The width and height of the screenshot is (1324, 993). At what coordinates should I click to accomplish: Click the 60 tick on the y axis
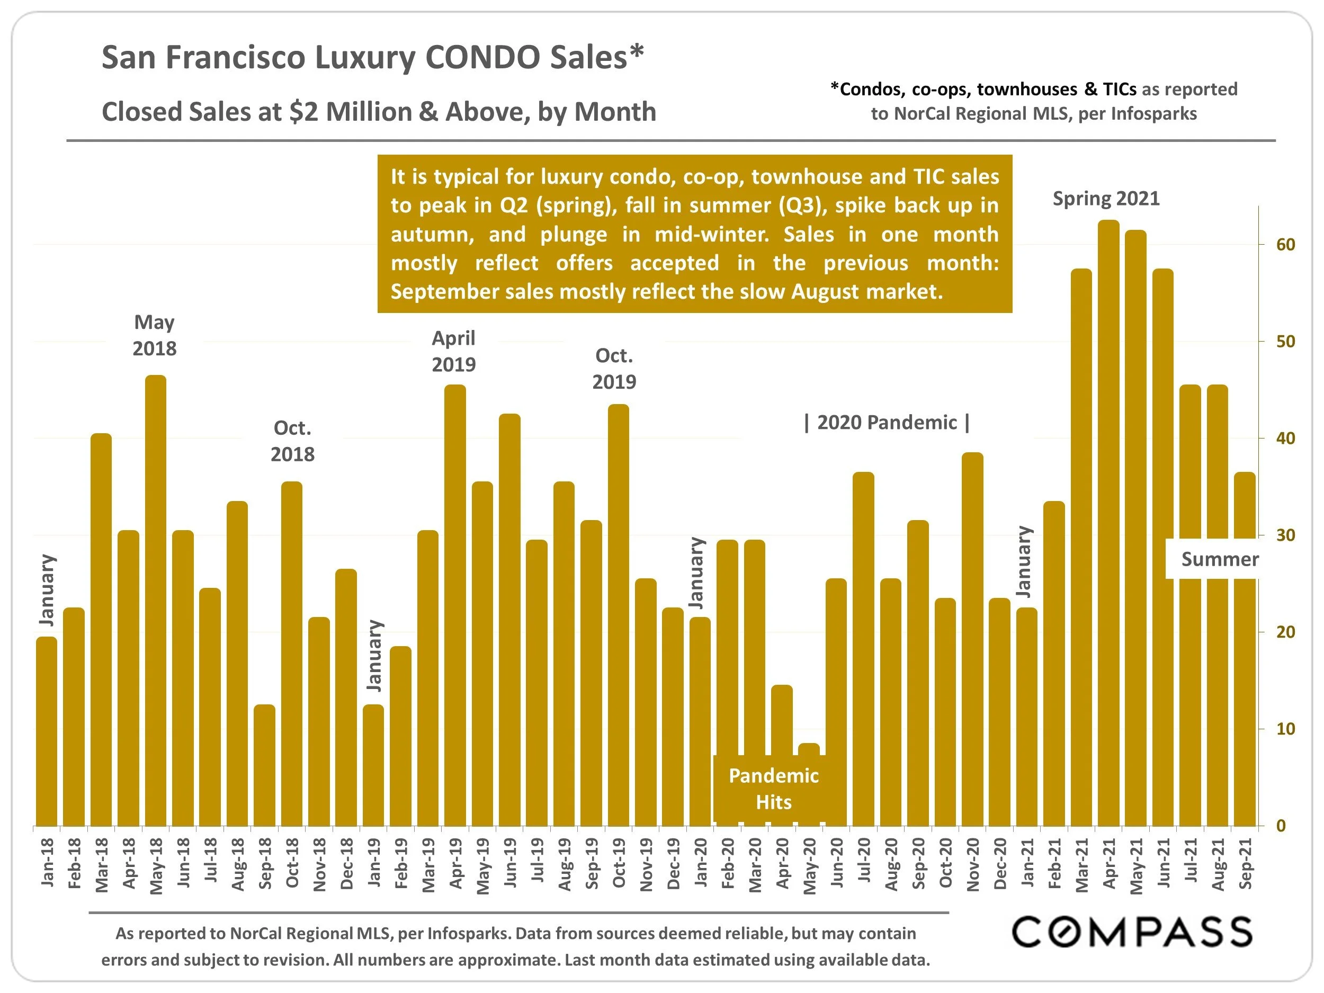point(1285,244)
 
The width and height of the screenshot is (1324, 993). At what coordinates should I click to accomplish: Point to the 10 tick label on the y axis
point(1285,728)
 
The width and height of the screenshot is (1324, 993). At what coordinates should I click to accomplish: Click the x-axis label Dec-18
point(346,864)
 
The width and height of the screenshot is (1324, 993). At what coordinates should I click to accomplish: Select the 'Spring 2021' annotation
point(1106,198)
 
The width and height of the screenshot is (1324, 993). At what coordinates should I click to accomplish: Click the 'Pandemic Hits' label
point(773,788)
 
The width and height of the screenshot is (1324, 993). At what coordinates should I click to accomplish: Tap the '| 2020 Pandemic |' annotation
point(887,423)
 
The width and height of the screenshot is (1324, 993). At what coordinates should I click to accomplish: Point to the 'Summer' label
point(1220,559)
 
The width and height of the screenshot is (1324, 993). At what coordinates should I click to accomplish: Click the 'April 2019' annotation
point(454,351)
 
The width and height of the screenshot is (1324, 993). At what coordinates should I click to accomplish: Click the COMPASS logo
point(1131,932)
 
